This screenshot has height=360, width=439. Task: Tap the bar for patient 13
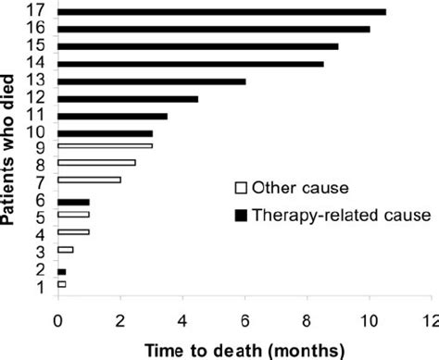pos(152,81)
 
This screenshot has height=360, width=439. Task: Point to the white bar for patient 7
pos(89,180)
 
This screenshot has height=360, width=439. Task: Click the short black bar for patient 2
pos(61,271)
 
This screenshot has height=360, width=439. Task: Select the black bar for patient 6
pos(73,202)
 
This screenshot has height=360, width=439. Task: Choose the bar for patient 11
pos(112,116)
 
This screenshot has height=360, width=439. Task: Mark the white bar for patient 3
pos(66,250)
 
